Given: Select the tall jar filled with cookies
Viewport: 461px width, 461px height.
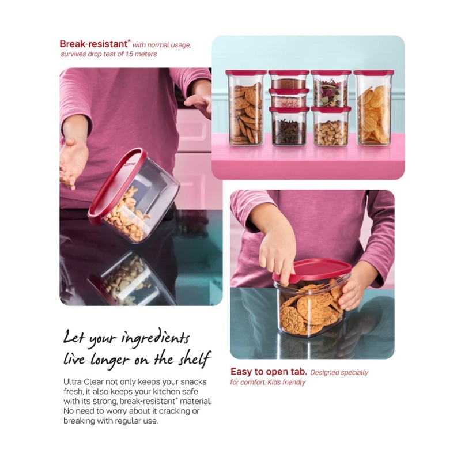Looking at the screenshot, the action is point(246,108).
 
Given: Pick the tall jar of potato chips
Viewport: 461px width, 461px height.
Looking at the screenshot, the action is point(373,108).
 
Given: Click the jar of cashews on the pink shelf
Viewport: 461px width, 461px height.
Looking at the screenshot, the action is point(331,127).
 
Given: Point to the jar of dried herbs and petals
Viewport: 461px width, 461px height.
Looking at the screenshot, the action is point(331,89).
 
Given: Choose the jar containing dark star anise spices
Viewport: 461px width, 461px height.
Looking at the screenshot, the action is point(289,127).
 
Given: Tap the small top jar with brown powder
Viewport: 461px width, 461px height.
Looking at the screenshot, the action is point(289,80).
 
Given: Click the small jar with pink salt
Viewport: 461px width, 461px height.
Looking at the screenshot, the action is point(289,98).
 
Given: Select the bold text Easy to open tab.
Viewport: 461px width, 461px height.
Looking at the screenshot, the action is point(269,372).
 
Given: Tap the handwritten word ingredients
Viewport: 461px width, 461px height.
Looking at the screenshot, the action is point(156,338).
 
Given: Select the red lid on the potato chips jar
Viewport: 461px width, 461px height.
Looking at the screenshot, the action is point(373,73).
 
